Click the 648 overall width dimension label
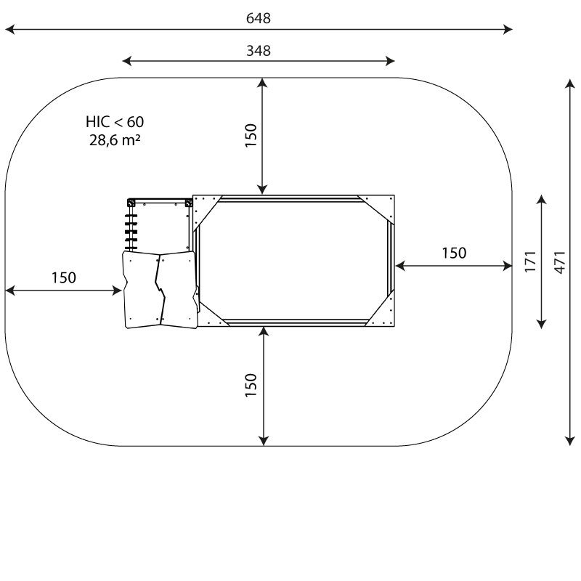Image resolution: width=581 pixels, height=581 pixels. click(259, 17)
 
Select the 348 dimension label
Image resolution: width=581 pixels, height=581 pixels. click(259, 50)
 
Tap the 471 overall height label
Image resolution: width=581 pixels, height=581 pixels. click(560, 262)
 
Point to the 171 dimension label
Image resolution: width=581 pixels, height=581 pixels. click(530, 261)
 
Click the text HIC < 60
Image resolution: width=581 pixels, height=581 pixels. click(115, 121)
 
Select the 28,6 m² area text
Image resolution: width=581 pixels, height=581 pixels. click(115, 139)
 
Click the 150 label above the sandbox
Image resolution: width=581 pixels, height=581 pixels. click(251, 136)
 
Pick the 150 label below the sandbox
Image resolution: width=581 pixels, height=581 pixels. click(251, 386)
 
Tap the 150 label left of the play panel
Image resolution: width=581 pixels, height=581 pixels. click(64, 277)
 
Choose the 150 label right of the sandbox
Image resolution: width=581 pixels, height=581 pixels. click(454, 253)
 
